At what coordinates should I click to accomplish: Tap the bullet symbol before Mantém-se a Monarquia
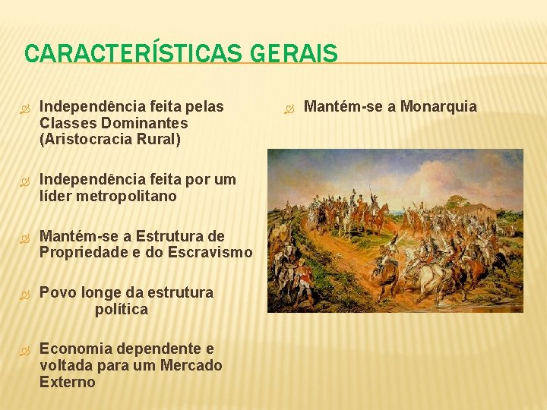tap(288, 107)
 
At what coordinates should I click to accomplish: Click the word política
tap(122, 309)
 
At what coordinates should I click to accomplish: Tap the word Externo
tap(68, 382)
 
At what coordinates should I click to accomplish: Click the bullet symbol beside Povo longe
tap(24, 293)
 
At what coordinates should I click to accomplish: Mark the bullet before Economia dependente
tap(24, 349)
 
